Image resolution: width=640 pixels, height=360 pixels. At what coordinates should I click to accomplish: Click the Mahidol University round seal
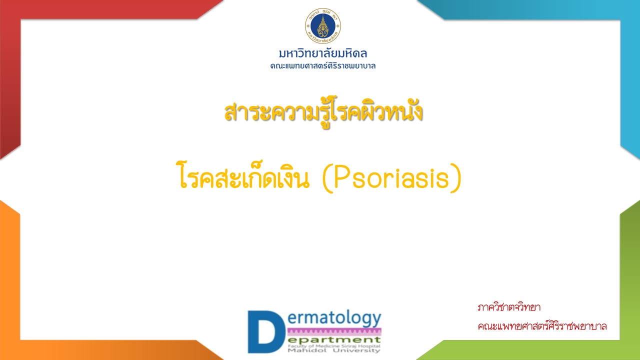click(323, 26)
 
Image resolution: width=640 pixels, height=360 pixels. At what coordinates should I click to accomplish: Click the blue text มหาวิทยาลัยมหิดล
click(323, 53)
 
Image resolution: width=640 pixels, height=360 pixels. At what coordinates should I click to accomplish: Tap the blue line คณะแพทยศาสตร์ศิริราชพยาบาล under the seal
click(323, 66)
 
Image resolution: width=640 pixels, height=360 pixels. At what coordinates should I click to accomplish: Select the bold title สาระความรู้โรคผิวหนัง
click(323, 113)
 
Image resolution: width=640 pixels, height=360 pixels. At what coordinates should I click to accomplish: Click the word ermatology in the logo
click(334, 319)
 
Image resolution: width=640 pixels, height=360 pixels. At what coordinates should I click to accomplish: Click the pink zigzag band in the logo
click(334, 331)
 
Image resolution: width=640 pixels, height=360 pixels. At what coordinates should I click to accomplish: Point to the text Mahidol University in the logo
click(334, 350)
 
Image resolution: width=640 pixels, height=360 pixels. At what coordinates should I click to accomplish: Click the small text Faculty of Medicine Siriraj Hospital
click(334, 346)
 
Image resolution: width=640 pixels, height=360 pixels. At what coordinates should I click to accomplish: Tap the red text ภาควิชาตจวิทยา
click(509, 307)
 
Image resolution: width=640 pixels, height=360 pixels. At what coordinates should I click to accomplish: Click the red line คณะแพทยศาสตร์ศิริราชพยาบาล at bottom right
click(542, 326)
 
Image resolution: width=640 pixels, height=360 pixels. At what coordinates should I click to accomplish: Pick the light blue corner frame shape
click(630, 71)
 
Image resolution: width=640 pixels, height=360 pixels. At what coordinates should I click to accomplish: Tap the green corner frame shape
click(630, 285)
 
